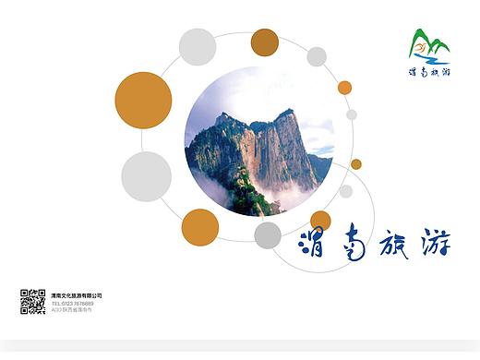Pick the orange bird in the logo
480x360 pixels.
coord(421,47)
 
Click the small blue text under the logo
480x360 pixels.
coord(429,71)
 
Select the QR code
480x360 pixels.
coord(32,301)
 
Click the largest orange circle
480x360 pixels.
coord(143,100)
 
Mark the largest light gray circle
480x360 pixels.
coord(146,176)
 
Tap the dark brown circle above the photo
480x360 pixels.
coord(265,42)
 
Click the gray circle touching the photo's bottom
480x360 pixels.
coord(268,234)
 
